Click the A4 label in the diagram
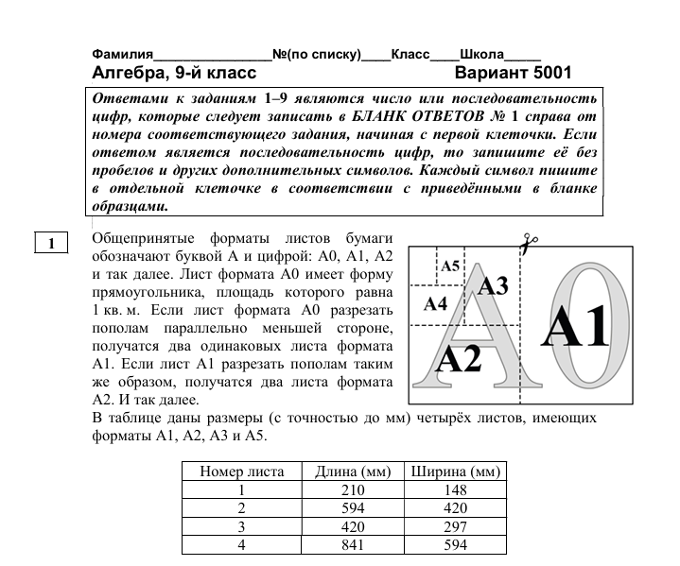click(x=434, y=303)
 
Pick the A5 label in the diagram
click(x=450, y=266)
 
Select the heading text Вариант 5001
click(x=513, y=74)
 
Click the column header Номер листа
click(x=241, y=472)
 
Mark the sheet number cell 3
click(x=241, y=526)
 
